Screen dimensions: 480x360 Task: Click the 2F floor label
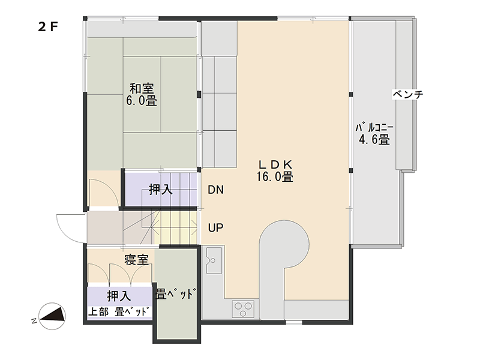pos(48,27)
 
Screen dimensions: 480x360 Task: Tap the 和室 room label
pos(142,88)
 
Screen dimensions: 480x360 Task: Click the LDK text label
pos(275,164)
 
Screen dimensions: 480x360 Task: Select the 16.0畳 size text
pos(275,177)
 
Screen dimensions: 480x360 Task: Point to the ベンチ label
pos(408,94)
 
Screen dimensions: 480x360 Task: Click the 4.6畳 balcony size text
pos(374,140)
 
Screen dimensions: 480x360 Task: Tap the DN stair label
pos(216,190)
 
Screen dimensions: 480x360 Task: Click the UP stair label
pos(215,228)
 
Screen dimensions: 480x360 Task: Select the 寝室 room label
pos(137,260)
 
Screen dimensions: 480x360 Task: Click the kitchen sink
pos(214,260)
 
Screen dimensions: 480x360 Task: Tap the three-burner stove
pos(244,309)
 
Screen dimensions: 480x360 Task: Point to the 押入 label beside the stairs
pos(161,190)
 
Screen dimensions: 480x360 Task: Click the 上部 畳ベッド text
pos(119,311)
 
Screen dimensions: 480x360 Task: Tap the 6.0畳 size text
pos(142,100)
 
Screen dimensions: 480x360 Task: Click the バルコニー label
pos(374,127)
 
